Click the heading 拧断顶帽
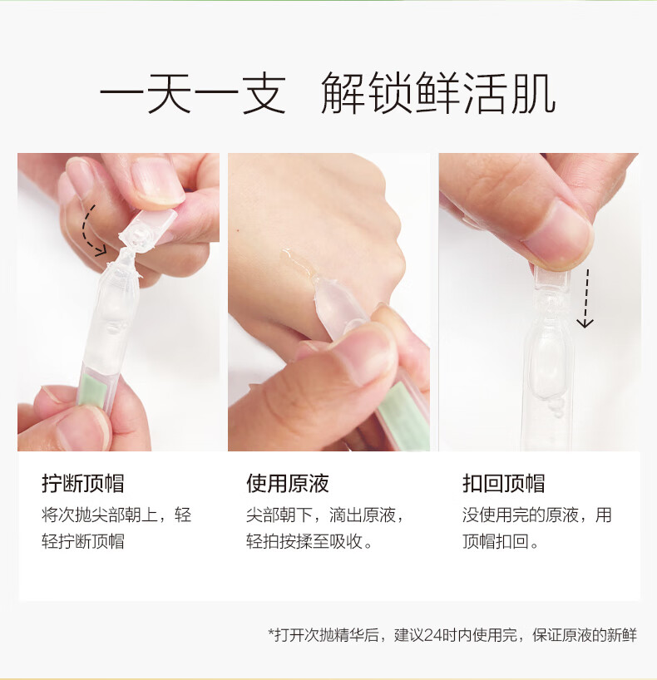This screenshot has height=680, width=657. pyautogui.click(x=83, y=484)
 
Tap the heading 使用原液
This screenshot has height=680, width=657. pyautogui.click(x=288, y=484)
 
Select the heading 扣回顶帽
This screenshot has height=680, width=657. pyautogui.click(x=503, y=484)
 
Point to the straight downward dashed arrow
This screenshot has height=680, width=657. pyautogui.click(x=585, y=298)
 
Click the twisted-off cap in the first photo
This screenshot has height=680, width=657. pyautogui.click(x=149, y=228)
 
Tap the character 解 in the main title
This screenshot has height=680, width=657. pyautogui.click(x=343, y=93)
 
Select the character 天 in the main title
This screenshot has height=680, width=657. pyautogui.click(x=170, y=93)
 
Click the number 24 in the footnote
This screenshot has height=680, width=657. pyautogui.click(x=432, y=635)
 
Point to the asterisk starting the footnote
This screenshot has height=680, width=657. pyautogui.click(x=271, y=632)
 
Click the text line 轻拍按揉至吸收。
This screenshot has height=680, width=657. pyautogui.click(x=309, y=542)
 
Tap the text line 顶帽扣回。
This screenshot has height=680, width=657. pyautogui.click(x=500, y=542)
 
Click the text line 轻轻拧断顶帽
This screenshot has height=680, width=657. pyautogui.click(x=83, y=542)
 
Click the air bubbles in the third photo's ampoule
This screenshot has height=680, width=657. pyautogui.click(x=556, y=407)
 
